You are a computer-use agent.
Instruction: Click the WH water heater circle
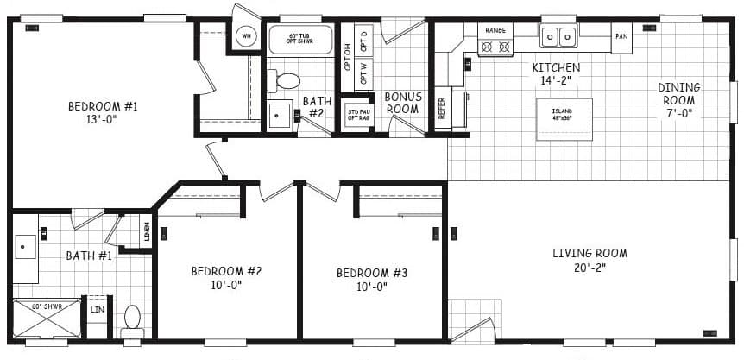[x=246, y=36]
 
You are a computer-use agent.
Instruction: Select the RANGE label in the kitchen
[x=495, y=30]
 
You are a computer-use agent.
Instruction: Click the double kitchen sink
[x=559, y=36]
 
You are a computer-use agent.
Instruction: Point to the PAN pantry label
[x=621, y=36]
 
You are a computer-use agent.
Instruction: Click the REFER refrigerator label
[x=442, y=108]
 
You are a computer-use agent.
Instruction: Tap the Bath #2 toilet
[x=287, y=81]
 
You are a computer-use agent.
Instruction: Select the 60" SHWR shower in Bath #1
[x=46, y=318]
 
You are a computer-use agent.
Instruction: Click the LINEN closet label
[x=146, y=231]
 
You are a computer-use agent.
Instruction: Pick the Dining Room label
[x=679, y=93]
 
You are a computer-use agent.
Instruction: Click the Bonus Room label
[x=402, y=103]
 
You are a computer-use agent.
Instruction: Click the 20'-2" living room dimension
[x=590, y=268]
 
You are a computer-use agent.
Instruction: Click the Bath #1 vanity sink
[x=23, y=248]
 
